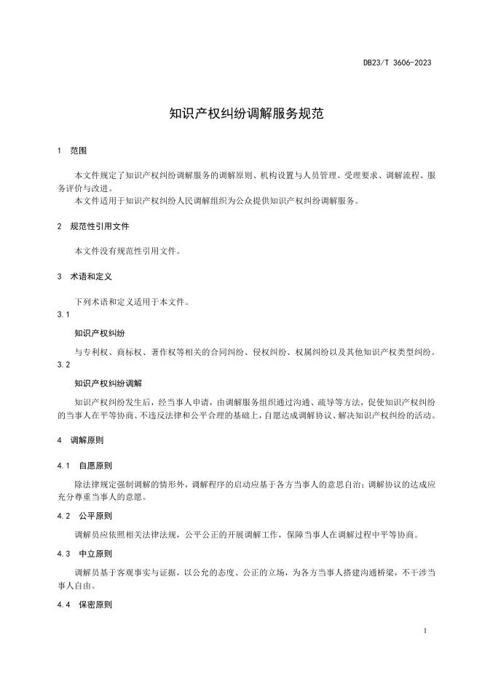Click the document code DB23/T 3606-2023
click(397, 63)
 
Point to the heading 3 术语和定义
click(84, 277)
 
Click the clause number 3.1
click(63, 315)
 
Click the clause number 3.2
click(63, 364)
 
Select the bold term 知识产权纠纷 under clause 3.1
click(100, 333)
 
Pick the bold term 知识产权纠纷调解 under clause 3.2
click(108, 383)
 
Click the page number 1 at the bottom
click(424, 631)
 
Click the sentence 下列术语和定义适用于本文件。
click(132, 301)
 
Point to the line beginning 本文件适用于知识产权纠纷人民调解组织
click(217, 201)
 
